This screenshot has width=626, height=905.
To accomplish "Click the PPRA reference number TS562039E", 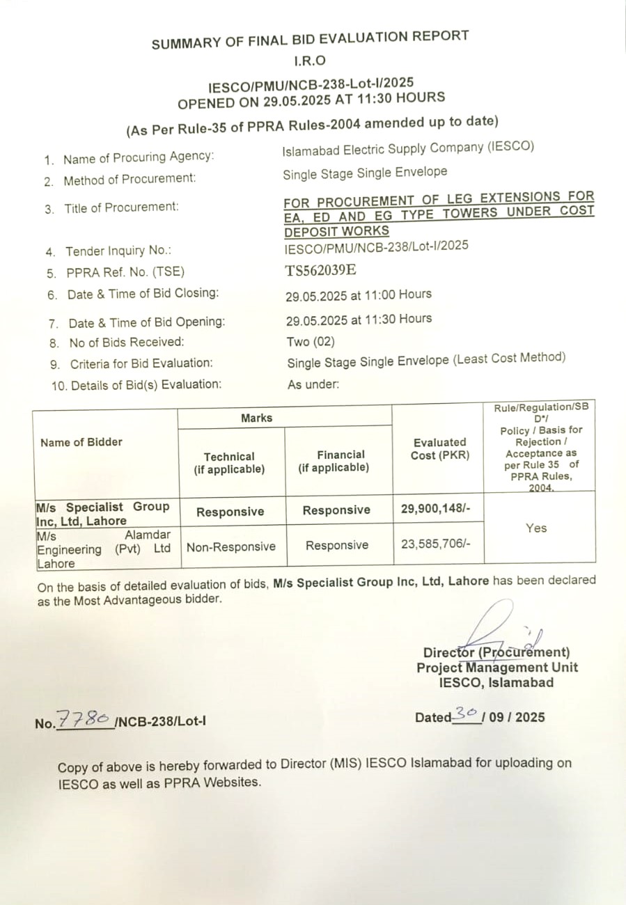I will pyautogui.click(x=323, y=271).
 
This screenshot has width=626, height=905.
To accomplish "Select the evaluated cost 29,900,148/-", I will pyautogui.click(x=436, y=509).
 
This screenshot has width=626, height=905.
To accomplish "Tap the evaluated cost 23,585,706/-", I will pyautogui.click(x=436, y=544).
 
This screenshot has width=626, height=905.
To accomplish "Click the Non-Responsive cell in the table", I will pyautogui.click(x=231, y=546).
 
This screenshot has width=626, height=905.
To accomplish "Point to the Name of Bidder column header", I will pyautogui.click(x=81, y=442).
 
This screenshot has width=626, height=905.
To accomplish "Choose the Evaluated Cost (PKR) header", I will pyautogui.click(x=440, y=448).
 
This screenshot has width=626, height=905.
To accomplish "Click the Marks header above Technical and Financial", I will pyautogui.click(x=257, y=418).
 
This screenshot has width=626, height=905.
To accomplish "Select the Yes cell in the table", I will pyautogui.click(x=536, y=528).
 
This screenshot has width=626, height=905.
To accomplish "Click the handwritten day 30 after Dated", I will pyautogui.click(x=466, y=713).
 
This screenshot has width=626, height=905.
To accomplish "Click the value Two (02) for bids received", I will pyautogui.click(x=311, y=342).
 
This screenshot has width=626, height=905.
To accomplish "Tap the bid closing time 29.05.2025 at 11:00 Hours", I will pyautogui.click(x=358, y=295).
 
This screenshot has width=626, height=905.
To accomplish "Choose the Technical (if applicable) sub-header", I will pyautogui.click(x=229, y=463).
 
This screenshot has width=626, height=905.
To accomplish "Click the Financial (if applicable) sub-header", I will pyautogui.click(x=334, y=461).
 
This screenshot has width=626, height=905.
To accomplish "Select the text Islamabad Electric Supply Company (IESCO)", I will pyautogui.click(x=408, y=148).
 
